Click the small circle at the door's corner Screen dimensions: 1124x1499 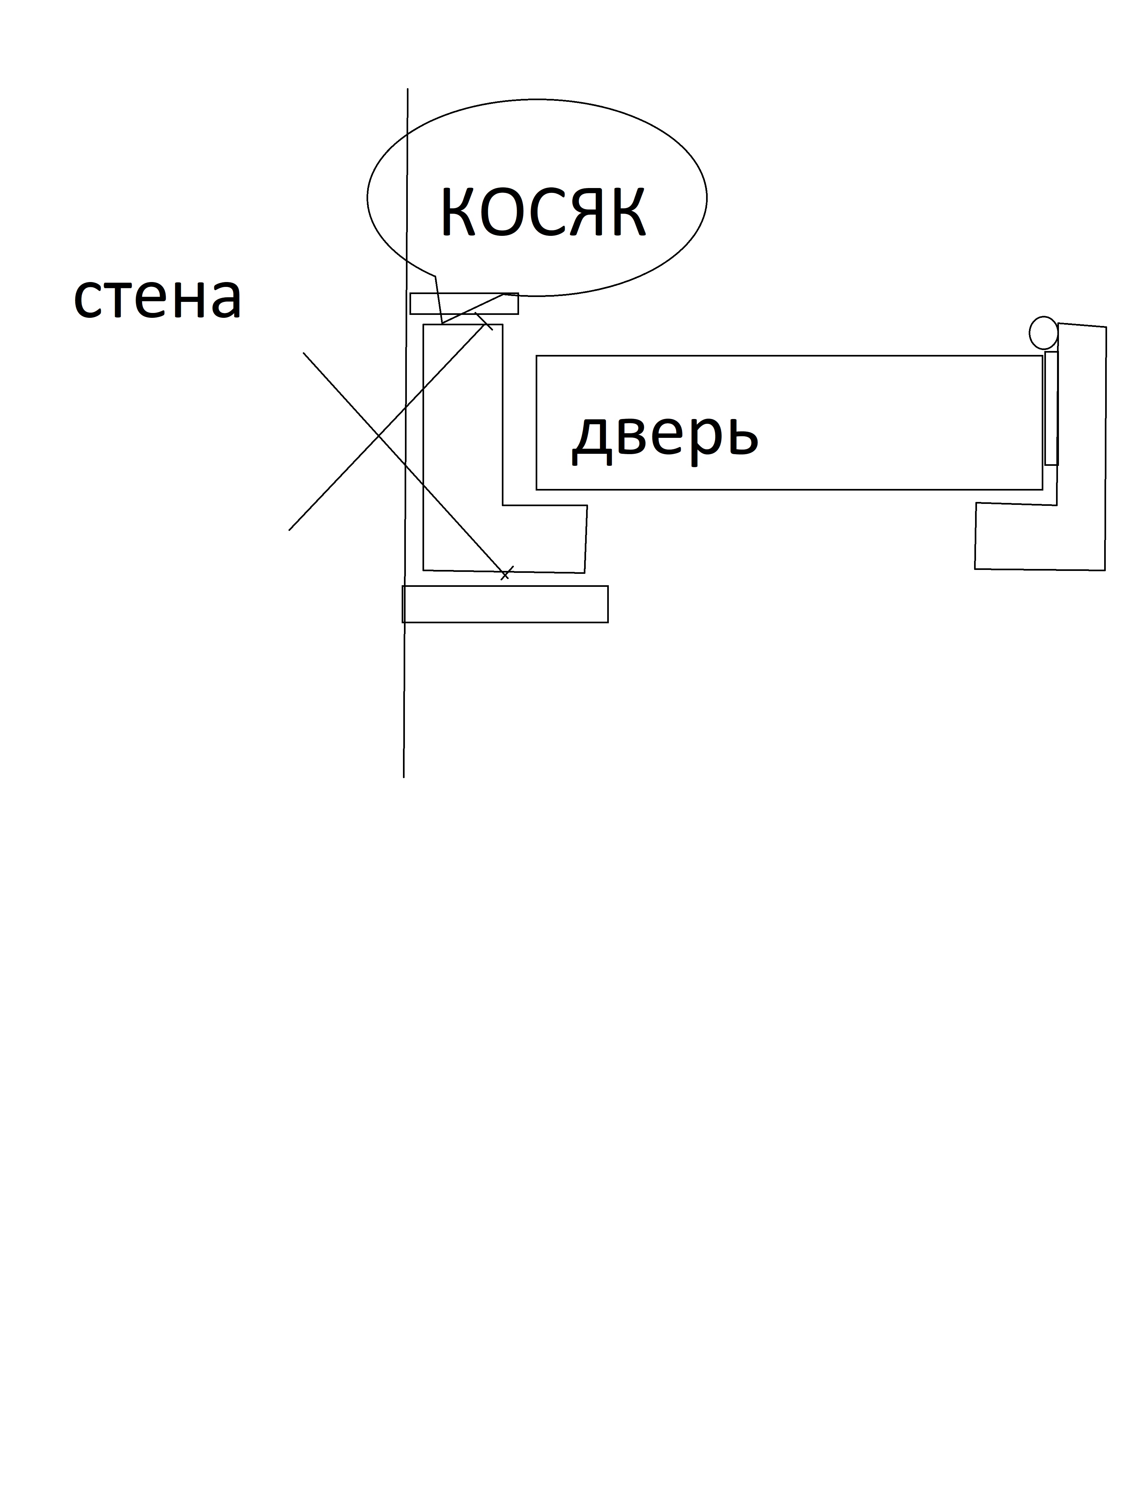click(x=1043, y=333)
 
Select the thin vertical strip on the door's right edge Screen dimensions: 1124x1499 click(x=1051, y=408)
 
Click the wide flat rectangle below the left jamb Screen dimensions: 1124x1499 click(x=505, y=604)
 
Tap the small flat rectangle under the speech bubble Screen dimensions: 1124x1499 click(x=464, y=304)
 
